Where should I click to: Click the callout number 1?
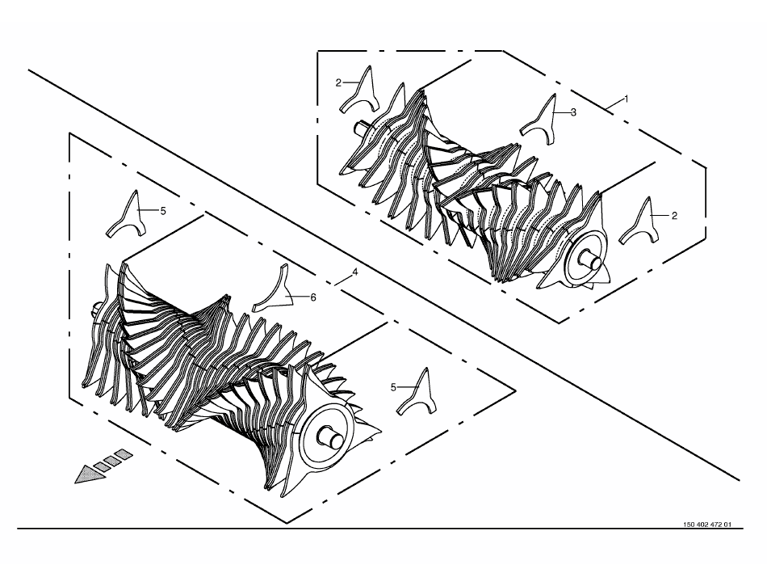coord(626,99)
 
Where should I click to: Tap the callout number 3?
coord(573,112)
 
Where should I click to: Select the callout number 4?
coord(355,272)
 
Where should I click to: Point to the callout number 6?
coord(313,297)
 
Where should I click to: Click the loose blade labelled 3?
coord(540,120)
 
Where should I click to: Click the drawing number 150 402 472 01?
coord(706,525)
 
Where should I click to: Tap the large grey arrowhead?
coord(90,474)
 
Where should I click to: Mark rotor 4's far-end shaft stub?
coord(94,309)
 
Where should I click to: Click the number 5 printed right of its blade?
coord(163,211)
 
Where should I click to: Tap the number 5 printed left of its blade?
coord(393,388)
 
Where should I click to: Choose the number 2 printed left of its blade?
coord(338,83)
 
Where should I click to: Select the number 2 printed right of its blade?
coord(674,216)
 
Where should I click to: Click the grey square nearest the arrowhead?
coord(103,466)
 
